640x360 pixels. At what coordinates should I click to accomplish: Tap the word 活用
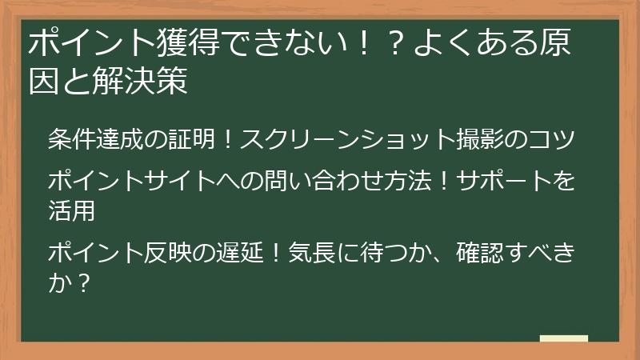(x=72, y=210)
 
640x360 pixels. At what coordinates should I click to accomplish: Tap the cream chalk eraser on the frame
(x=564, y=338)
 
